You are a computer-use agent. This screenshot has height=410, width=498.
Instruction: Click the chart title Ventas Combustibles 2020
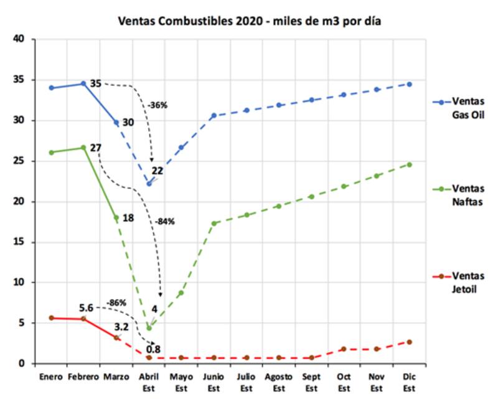tap(250, 21)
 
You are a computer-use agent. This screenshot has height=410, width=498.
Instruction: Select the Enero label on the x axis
tap(50, 377)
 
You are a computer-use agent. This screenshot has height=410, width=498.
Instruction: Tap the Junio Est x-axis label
tap(214, 381)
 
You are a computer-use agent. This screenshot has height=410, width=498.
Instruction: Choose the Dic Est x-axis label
tap(409, 381)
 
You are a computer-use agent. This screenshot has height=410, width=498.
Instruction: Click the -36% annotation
tap(157, 105)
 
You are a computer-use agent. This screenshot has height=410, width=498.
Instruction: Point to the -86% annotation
tap(117, 303)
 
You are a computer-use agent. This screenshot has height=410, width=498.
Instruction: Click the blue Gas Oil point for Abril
tap(149, 183)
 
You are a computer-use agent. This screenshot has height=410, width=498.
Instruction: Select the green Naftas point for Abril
tap(149, 328)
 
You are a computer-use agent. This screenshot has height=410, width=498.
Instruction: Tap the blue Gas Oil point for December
tap(409, 83)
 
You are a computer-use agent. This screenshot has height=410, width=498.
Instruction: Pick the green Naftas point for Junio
tap(214, 223)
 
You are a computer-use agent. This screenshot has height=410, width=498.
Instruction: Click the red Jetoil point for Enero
tap(51, 318)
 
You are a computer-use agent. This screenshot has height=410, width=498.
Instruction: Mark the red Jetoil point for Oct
tap(344, 349)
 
